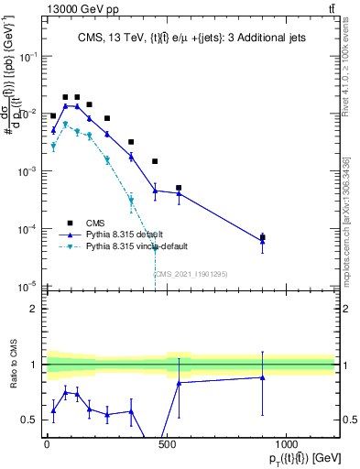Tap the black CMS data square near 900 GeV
point(263,237)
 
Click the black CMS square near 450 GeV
point(155,161)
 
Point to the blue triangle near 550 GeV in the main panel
point(179,193)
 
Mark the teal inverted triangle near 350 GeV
point(131,201)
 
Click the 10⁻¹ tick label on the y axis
point(28,57)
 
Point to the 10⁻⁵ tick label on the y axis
point(28,286)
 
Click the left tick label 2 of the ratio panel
point(34,309)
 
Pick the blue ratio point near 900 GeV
point(263,377)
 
